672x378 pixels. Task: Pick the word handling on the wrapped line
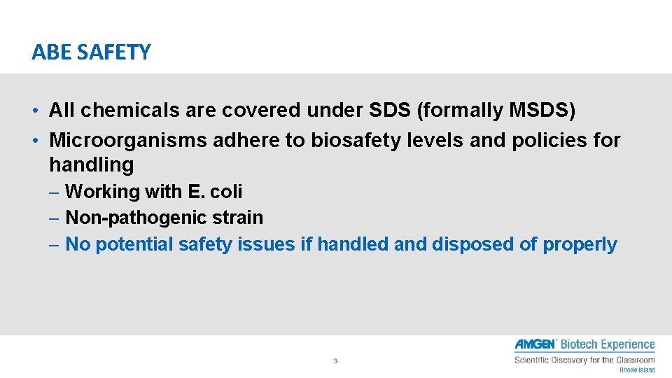tap(91, 165)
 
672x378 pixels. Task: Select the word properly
tap(580, 244)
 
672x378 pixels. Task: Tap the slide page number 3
tap(335, 361)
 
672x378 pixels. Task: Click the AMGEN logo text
tap(535, 344)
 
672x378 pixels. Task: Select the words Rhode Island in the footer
tap(636, 370)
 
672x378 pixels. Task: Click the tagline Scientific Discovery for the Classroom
tap(584, 360)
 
